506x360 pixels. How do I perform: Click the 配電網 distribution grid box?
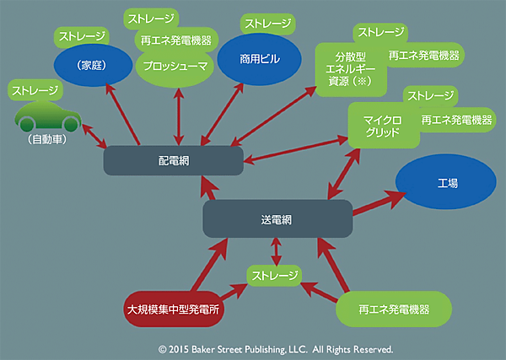pyautogui.click(x=174, y=159)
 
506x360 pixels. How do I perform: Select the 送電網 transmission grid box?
pyautogui.click(x=277, y=218)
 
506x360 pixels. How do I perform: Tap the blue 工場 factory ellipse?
pyautogui.click(x=447, y=183)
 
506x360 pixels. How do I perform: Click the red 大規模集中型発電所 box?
pyautogui.click(x=172, y=309)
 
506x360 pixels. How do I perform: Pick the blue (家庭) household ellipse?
pyautogui.click(x=94, y=65)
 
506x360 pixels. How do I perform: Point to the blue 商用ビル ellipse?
pyautogui.click(x=259, y=60)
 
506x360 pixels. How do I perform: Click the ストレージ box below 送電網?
pyautogui.click(x=274, y=275)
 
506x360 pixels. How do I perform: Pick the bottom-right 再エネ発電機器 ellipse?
pyautogui.click(x=390, y=309)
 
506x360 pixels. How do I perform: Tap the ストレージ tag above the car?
pyautogui.click(x=35, y=89)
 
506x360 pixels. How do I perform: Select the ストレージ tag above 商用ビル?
pyautogui.click(x=268, y=23)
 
